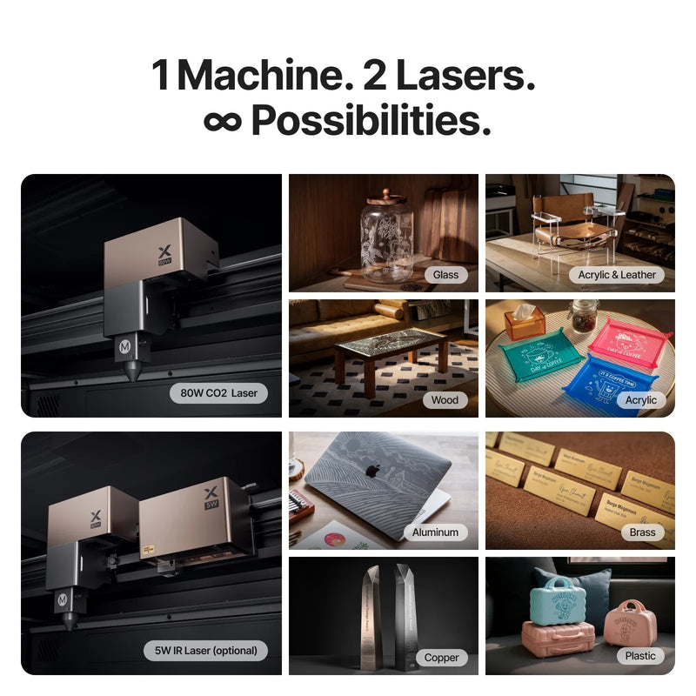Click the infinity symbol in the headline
click(x=223, y=122)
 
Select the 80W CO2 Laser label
click(x=219, y=392)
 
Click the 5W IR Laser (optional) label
click(x=206, y=650)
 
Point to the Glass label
click(x=446, y=274)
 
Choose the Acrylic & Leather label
click(x=617, y=274)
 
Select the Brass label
click(x=643, y=532)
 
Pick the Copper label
click(x=441, y=657)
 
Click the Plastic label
click(x=640, y=655)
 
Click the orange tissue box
click(x=524, y=322)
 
